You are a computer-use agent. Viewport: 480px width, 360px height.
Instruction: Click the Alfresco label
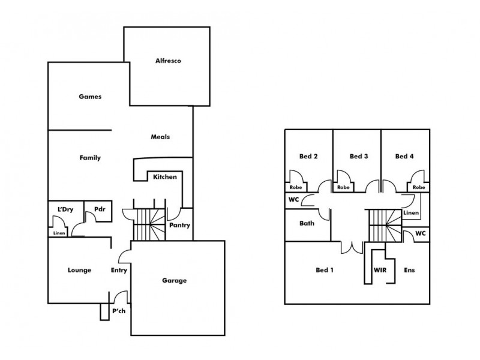(169, 61)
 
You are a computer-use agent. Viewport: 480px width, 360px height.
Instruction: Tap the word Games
(89, 96)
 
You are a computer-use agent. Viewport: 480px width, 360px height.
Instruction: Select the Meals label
(160, 137)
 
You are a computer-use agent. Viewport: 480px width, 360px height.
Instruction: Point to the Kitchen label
(164, 177)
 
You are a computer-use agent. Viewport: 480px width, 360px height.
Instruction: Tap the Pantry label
(179, 226)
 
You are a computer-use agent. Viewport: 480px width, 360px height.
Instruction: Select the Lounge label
(79, 270)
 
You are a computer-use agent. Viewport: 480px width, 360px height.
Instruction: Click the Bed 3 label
(358, 157)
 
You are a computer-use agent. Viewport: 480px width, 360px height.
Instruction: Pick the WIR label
(379, 270)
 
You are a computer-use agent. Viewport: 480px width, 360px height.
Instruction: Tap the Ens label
(410, 270)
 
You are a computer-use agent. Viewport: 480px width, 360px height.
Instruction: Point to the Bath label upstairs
(307, 223)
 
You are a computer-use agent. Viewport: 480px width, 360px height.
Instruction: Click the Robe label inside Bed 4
(419, 187)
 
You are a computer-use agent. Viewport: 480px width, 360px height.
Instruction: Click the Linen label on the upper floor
(410, 213)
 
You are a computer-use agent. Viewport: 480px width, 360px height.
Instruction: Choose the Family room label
(90, 158)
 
